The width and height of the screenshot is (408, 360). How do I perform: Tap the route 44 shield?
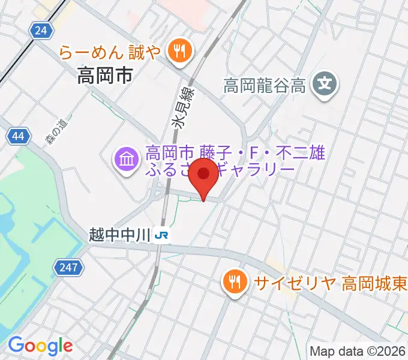pyautogui.click(x=19, y=137)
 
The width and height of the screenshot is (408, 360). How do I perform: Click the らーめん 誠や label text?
pyautogui.click(x=110, y=53)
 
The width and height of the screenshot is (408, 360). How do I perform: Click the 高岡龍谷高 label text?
pyautogui.click(x=265, y=86)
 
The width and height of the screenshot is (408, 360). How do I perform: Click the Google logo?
pyautogui.click(x=40, y=345)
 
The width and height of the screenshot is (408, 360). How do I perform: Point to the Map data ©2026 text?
pyautogui.click(x=357, y=351)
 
